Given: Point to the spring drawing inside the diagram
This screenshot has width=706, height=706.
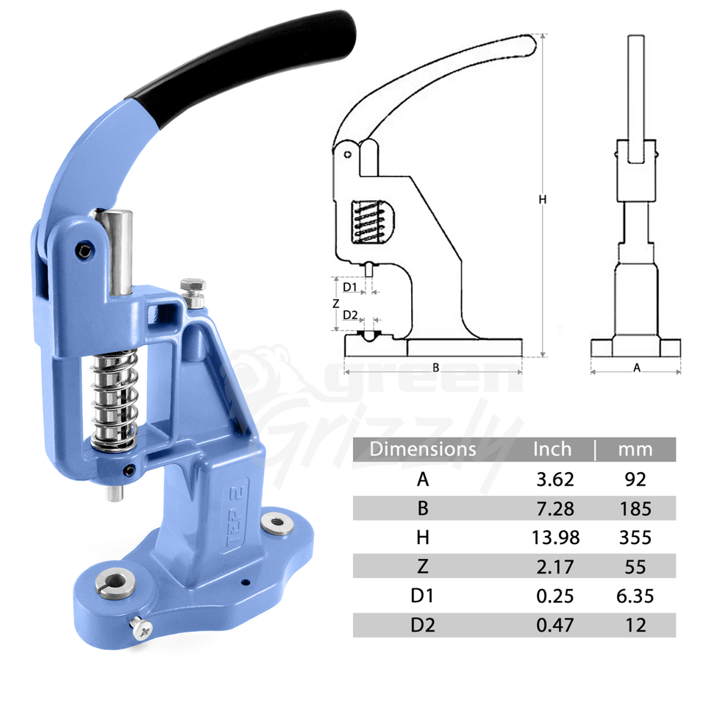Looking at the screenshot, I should tap(367, 221).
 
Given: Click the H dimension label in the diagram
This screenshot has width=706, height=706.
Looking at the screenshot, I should tap(542, 199).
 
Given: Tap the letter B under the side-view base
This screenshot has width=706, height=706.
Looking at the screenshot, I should tap(435, 367).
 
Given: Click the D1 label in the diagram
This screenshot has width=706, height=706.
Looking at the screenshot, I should tap(350, 286).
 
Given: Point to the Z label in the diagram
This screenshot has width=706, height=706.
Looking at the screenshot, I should tap(335, 303).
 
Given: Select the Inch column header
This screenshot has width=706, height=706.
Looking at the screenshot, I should tap(552, 449).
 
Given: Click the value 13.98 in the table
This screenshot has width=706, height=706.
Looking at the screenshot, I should tap(555, 538).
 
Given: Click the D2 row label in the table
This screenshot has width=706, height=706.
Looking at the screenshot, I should tap(422, 624).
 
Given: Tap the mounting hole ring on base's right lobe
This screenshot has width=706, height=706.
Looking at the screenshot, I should tap(277, 524).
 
